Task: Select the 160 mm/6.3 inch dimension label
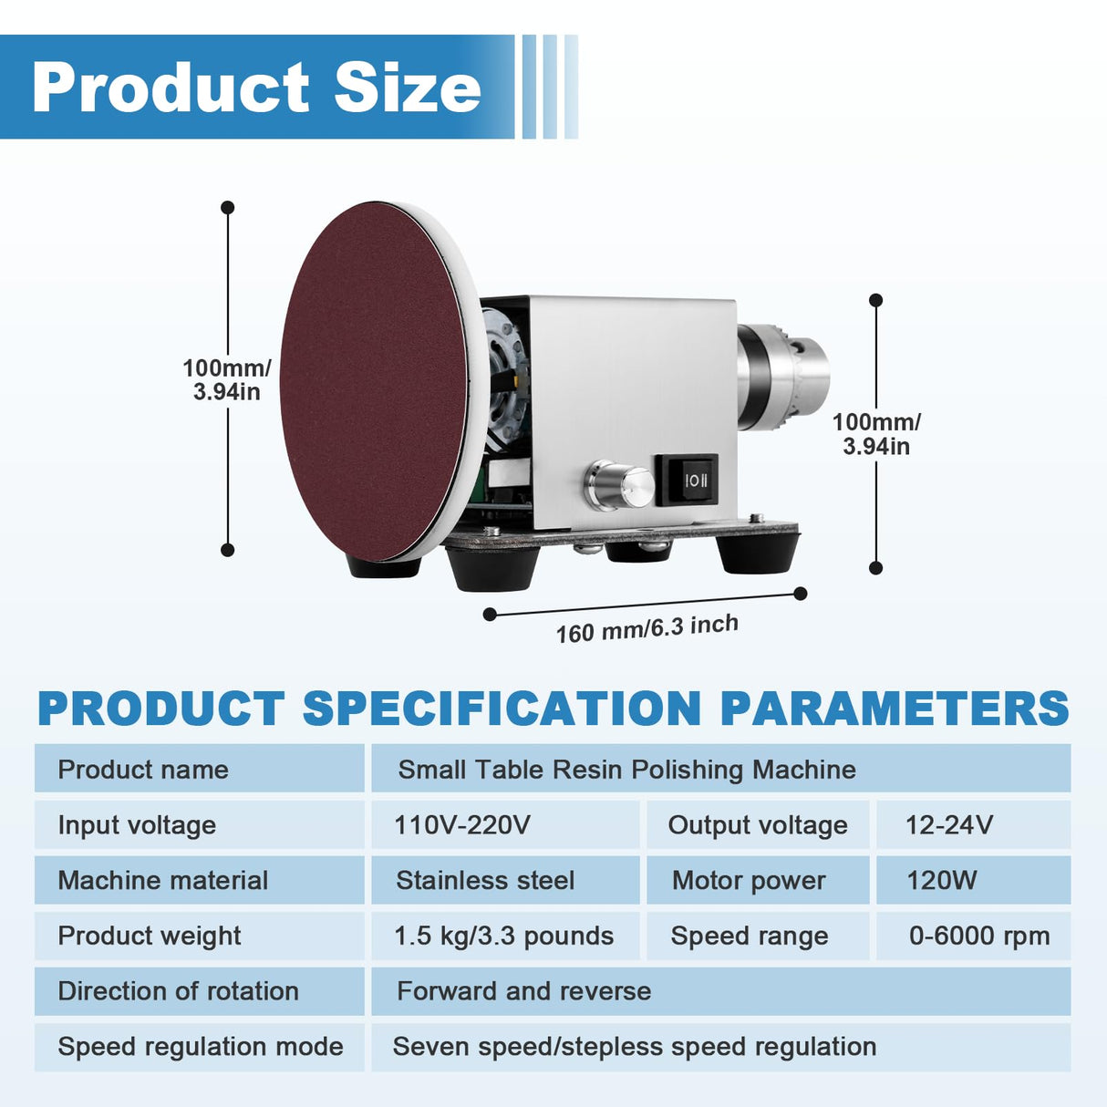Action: tap(647, 628)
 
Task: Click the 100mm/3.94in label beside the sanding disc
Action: tap(226, 379)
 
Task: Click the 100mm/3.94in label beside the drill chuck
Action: tap(876, 434)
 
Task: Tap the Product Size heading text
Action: tap(256, 88)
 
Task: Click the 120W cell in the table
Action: tap(941, 880)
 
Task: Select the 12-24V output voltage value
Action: tap(948, 825)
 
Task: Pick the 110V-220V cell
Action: tap(461, 825)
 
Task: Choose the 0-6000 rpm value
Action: tap(978, 936)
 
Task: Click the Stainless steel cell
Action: tap(485, 880)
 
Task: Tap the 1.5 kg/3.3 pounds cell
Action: tap(503, 936)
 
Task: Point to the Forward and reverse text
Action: tap(524, 991)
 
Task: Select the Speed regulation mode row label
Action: tap(201, 1047)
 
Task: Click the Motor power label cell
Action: tap(749, 880)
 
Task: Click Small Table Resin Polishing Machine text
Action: tap(626, 770)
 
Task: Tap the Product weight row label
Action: tap(150, 936)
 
